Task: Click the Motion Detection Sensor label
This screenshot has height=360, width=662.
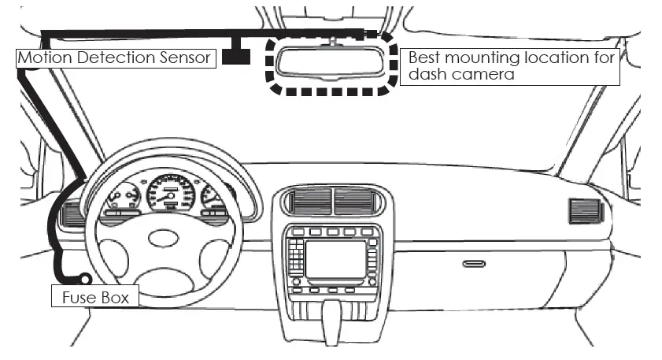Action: (115, 58)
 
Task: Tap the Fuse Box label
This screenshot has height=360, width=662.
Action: (95, 297)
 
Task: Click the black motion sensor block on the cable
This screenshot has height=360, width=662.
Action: (235, 56)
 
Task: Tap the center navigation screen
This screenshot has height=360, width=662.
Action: (335, 259)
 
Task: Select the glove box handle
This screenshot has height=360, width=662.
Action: (473, 263)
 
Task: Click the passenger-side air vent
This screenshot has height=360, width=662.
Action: (584, 211)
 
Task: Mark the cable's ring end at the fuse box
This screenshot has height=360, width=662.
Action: (85, 277)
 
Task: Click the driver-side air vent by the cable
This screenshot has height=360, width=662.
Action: (72, 213)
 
